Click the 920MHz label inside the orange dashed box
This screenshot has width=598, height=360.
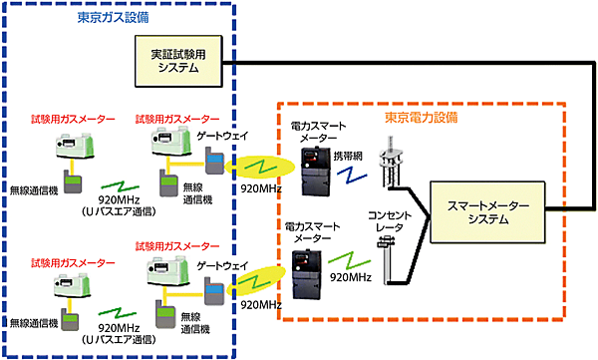click(x=348, y=280)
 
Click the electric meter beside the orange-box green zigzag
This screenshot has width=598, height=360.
click(x=305, y=270)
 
